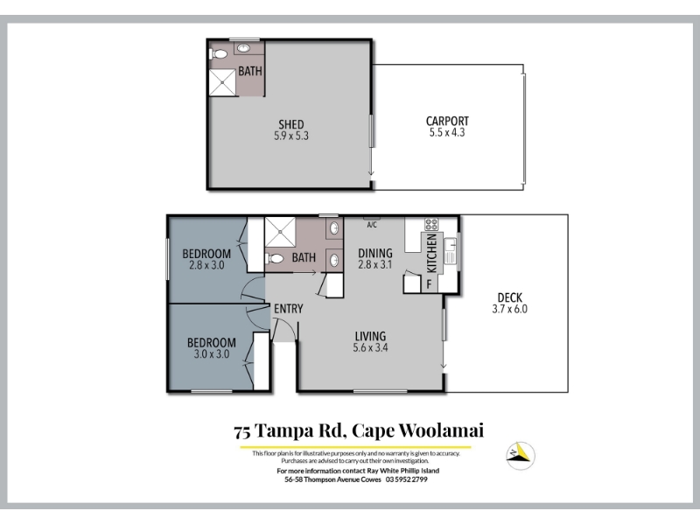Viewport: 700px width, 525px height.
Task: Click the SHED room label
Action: pos(291,124)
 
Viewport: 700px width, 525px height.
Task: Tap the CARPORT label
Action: pos(447,121)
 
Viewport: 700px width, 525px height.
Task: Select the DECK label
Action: pos(510,297)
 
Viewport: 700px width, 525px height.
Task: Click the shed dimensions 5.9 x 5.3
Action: pos(291,136)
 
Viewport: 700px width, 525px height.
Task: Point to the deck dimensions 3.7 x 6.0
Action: pos(510,309)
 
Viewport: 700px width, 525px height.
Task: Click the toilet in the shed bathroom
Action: pos(218,54)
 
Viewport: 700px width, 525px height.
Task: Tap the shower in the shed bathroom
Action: pos(222,82)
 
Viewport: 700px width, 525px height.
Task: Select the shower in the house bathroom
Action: pos(280,232)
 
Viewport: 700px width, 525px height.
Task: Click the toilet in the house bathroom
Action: pos(274,258)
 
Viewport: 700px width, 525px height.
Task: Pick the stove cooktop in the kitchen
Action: pos(431,224)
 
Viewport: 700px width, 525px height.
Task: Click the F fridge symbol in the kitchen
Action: pos(429,283)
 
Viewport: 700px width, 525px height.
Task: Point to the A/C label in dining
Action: pos(372,225)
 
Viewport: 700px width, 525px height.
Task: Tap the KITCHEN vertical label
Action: pos(431,253)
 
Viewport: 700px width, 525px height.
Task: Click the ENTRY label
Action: pos(289,309)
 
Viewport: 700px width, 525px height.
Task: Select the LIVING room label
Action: pos(370,336)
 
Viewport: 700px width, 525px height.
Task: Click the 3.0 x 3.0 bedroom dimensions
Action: pos(212,354)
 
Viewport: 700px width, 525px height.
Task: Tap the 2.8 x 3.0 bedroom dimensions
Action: pos(206,265)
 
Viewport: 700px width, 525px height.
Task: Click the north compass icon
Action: pos(521,456)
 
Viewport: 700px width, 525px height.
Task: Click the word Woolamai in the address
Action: pos(441,430)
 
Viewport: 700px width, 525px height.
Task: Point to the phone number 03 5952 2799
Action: pos(407,479)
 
